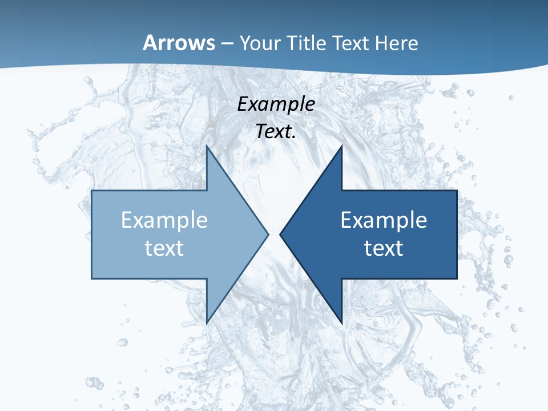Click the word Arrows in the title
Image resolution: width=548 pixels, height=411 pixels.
pyautogui.click(x=179, y=43)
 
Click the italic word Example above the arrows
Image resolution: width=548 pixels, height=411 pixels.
pyautogui.click(x=276, y=104)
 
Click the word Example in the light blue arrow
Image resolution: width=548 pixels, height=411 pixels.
pyautogui.click(x=164, y=220)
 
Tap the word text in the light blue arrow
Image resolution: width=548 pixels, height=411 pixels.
pyautogui.click(x=164, y=248)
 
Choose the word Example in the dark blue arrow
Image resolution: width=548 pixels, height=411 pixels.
pyautogui.click(x=384, y=220)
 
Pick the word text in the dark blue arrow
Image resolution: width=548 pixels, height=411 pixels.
pyautogui.click(x=384, y=248)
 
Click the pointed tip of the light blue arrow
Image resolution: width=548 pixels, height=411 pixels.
pyautogui.click(x=268, y=234)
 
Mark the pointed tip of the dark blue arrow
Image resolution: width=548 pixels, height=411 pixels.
pyautogui.click(x=280, y=234)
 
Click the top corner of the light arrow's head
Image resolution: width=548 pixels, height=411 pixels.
pyautogui.click(x=207, y=146)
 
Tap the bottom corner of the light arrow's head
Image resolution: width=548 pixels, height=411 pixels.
pyautogui.click(x=207, y=323)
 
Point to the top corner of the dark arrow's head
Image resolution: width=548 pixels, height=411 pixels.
pyautogui.click(x=341, y=146)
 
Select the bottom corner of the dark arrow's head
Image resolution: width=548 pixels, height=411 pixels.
pyautogui.click(x=341, y=323)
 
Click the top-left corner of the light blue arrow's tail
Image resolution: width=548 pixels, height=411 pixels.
pyautogui.click(x=92, y=191)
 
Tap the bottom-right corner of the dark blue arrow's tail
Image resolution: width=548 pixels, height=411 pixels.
pyautogui.click(x=457, y=278)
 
